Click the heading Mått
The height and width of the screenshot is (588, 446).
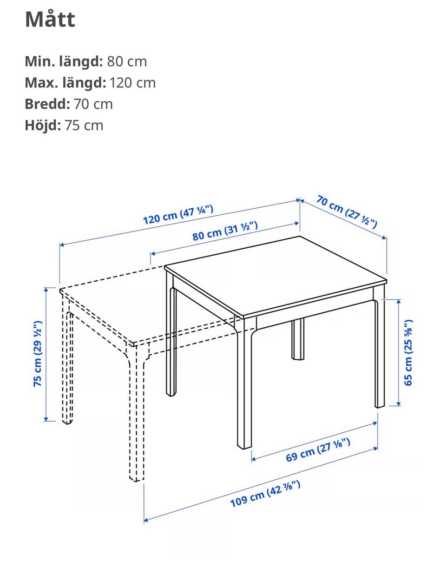tap(50, 19)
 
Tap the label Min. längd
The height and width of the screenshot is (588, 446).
tap(64, 61)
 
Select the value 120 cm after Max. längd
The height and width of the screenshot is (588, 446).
tap(132, 83)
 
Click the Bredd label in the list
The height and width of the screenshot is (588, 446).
tap(47, 104)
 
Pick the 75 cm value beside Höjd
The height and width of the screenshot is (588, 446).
tap(84, 125)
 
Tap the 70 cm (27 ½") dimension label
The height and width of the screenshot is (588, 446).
tap(347, 211)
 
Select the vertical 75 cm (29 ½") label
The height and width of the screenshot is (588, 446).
tap(38, 353)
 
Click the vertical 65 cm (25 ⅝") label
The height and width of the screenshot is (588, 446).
tap(408, 352)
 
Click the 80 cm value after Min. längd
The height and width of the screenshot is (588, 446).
tap(127, 62)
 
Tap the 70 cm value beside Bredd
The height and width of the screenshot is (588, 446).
tap(93, 104)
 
